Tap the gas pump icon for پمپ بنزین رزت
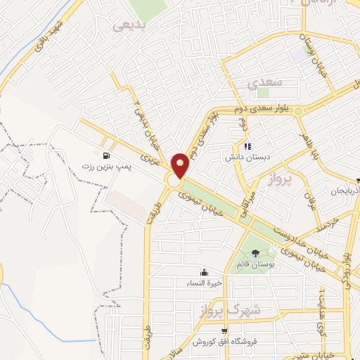[x=105, y=155]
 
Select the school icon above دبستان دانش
[x=228, y=146]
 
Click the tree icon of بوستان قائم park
[x=255, y=253]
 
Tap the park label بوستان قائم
[x=254, y=264]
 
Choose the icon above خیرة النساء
[x=204, y=272]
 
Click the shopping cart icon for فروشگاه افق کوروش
[x=224, y=331]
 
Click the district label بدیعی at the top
[x=131, y=25]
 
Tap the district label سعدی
[x=264, y=82]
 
